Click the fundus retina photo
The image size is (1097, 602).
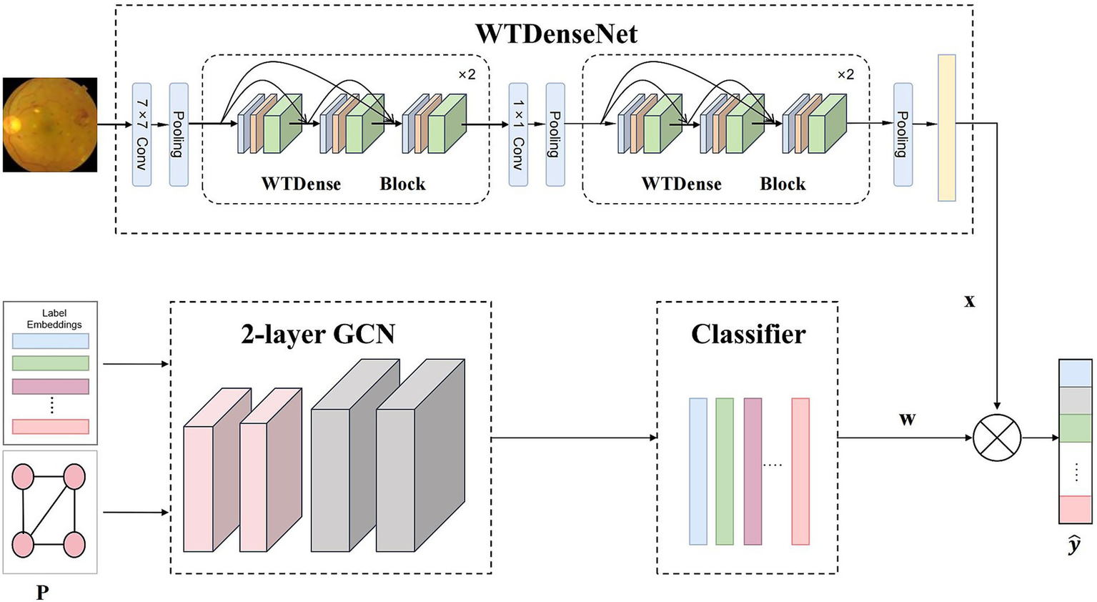[x=50, y=124]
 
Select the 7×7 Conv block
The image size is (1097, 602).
[x=142, y=134]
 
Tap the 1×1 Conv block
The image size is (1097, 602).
[x=518, y=134]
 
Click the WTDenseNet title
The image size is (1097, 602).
[x=556, y=34]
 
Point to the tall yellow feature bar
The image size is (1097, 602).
[x=946, y=128]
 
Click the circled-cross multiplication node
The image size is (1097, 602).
[x=997, y=438]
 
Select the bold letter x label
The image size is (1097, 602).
[x=969, y=301]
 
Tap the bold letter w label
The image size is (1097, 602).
[x=907, y=419]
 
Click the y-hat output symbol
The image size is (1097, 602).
[x=1074, y=546]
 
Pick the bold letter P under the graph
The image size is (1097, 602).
[x=42, y=592]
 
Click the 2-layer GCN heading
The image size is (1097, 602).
[x=318, y=334]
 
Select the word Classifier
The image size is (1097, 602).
[x=748, y=334]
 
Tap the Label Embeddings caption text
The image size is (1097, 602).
[x=54, y=319]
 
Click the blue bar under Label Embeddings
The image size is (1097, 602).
[x=51, y=340]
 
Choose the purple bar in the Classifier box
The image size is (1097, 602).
[x=753, y=471]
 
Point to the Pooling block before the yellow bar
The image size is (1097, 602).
[x=903, y=134]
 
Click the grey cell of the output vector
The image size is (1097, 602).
[x=1075, y=400]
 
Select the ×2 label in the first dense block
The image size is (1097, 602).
[x=466, y=74]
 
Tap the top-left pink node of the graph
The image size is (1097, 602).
[x=24, y=476]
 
